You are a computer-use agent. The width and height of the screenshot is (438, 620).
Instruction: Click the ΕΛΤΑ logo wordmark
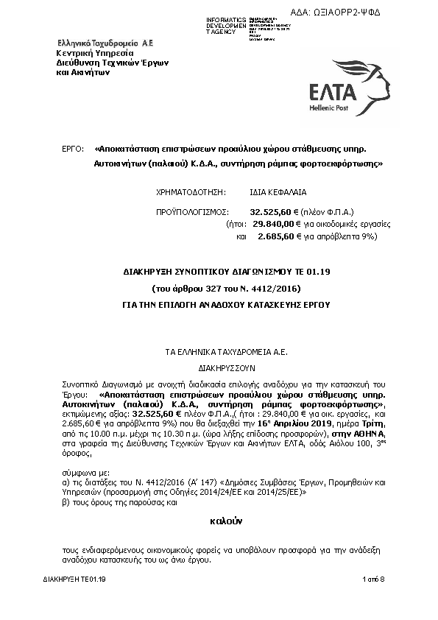click(x=331, y=92)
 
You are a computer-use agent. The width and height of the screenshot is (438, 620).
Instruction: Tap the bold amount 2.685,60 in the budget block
click(x=276, y=236)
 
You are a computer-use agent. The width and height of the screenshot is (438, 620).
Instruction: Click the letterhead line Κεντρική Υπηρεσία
click(x=95, y=54)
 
